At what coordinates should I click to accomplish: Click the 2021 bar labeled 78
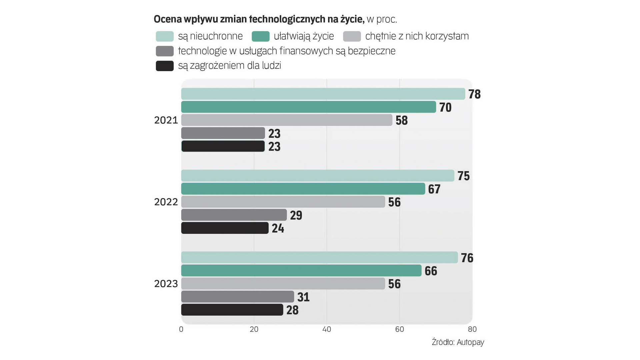[x=323, y=94]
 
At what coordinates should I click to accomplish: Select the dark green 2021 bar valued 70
[x=308, y=107]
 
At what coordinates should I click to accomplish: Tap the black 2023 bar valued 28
[x=232, y=310]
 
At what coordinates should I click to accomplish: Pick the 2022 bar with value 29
[x=234, y=215]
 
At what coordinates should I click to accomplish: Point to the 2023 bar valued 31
[x=237, y=297]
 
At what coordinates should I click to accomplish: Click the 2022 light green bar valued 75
[x=317, y=175]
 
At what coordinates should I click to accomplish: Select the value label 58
[x=401, y=120]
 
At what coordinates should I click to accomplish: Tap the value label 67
[x=434, y=189]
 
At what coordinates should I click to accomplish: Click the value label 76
[x=467, y=258]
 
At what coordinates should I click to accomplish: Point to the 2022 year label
[x=166, y=202]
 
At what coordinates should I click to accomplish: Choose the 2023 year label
[x=166, y=284]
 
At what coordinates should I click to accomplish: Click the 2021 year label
[x=166, y=120]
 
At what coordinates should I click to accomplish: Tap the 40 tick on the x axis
[x=327, y=329]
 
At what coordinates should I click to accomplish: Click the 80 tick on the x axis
[x=472, y=329]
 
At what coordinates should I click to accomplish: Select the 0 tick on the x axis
[x=181, y=329]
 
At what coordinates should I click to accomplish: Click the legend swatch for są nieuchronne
[x=165, y=36]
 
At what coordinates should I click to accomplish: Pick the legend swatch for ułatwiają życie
[x=260, y=36]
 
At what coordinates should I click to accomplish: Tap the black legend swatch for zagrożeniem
[x=165, y=66]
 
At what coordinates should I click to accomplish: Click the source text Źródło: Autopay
[x=458, y=342]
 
